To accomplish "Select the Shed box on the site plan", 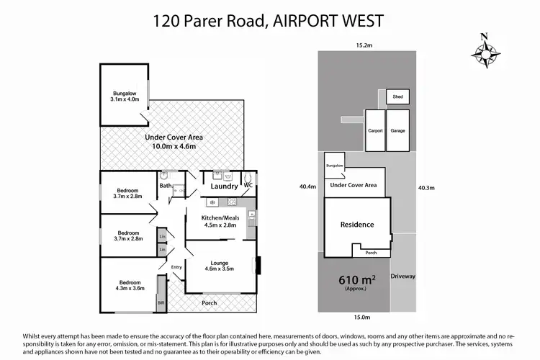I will (396, 96).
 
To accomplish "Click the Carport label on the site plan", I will (374, 131).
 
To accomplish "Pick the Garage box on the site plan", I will (397, 131).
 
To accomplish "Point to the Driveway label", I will (403, 276).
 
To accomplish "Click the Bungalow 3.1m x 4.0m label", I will (124, 97).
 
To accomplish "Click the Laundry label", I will (224, 187).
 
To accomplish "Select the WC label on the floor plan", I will (248, 186).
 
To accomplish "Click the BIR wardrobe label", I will (161, 304).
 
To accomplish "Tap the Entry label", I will (176, 268).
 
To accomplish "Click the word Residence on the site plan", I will (357, 225).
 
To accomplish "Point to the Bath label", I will (166, 186).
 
